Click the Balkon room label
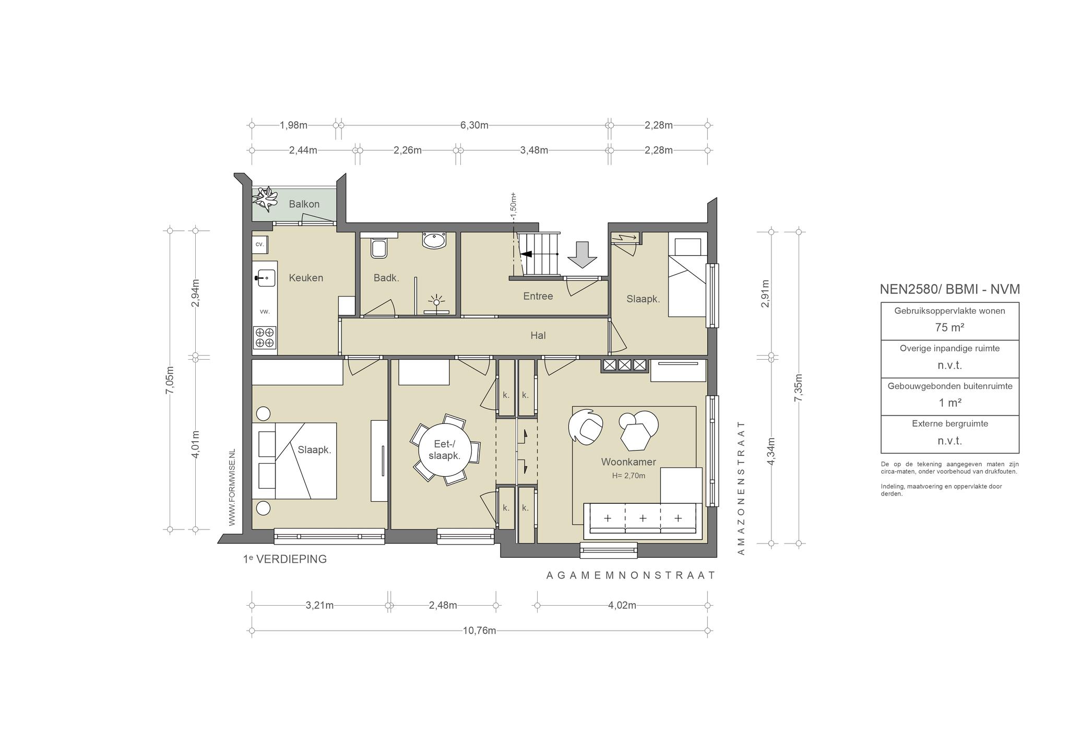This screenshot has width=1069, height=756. [x=304, y=204]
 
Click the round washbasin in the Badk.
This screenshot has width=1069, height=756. [x=434, y=241]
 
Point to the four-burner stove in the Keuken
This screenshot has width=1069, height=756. [x=265, y=337]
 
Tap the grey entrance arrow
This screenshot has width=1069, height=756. [x=582, y=255]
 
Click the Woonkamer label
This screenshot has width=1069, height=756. [x=628, y=462]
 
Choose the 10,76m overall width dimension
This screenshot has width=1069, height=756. [x=479, y=631]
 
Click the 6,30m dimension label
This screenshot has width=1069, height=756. [x=474, y=125]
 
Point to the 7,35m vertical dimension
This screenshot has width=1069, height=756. [x=798, y=388]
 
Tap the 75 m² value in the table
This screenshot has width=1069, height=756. [x=949, y=328]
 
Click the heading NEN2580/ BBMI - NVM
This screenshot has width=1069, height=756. [x=949, y=289]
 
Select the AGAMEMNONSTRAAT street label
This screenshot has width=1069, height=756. [x=631, y=575]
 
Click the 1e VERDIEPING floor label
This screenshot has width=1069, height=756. [x=284, y=559]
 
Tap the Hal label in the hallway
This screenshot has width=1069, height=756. [x=538, y=336]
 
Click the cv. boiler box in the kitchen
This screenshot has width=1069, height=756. [x=259, y=244]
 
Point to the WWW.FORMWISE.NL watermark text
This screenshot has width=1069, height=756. [x=232, y=487]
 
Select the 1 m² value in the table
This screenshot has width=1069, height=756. [x=949, y=403]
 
